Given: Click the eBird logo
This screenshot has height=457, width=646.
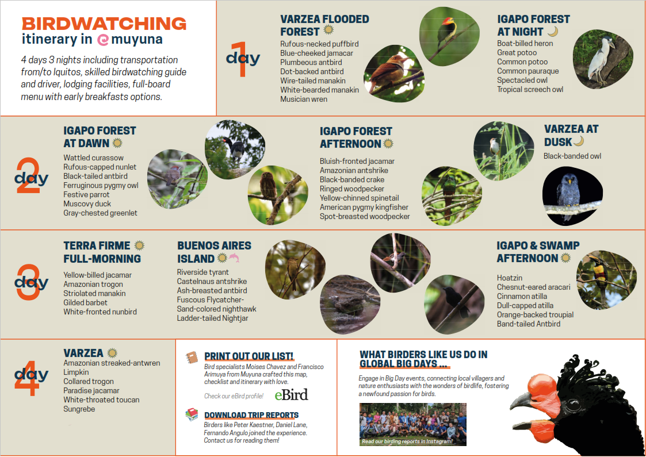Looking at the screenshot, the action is click(x=291, y=394).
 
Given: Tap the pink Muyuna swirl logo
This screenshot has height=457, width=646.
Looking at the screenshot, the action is click(x=103, y=40).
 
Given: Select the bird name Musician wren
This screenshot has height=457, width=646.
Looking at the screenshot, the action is click(x=304, y=99).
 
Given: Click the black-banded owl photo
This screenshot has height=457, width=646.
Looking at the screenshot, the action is click(x=572, y=196).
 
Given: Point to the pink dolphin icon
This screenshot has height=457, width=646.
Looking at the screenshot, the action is click(x=234, y=258).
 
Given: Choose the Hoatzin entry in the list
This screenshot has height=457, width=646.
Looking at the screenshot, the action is click(x=509, y=278).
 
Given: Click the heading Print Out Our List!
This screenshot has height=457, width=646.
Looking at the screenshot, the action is click(x=249, y=356).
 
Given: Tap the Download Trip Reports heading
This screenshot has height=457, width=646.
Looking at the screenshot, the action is click(x=251, y=415).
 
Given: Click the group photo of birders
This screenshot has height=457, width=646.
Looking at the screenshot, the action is click(x=413, y=424).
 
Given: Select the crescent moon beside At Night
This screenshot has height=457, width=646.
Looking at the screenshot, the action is click(x=553, y=31).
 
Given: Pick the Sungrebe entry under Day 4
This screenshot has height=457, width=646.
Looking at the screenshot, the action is click(x=79, y=409).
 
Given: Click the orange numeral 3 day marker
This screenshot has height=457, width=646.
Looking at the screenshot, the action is click(x=29, y=282).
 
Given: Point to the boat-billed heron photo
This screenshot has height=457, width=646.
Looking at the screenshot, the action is click(x=603, y=59).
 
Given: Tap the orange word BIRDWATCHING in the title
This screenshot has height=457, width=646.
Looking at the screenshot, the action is click(x=104, y=24).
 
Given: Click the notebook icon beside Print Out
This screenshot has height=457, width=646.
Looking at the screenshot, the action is click(x=192, y=358).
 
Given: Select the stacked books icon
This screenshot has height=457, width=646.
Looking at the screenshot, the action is click(x=192, y=414).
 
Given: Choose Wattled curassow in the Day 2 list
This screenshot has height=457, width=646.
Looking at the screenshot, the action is click(x=94, y=158).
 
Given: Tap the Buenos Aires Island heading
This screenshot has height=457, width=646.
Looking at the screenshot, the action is click(x=214, y=252).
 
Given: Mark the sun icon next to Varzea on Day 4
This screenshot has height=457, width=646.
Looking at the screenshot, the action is click(x=112, y=353).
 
